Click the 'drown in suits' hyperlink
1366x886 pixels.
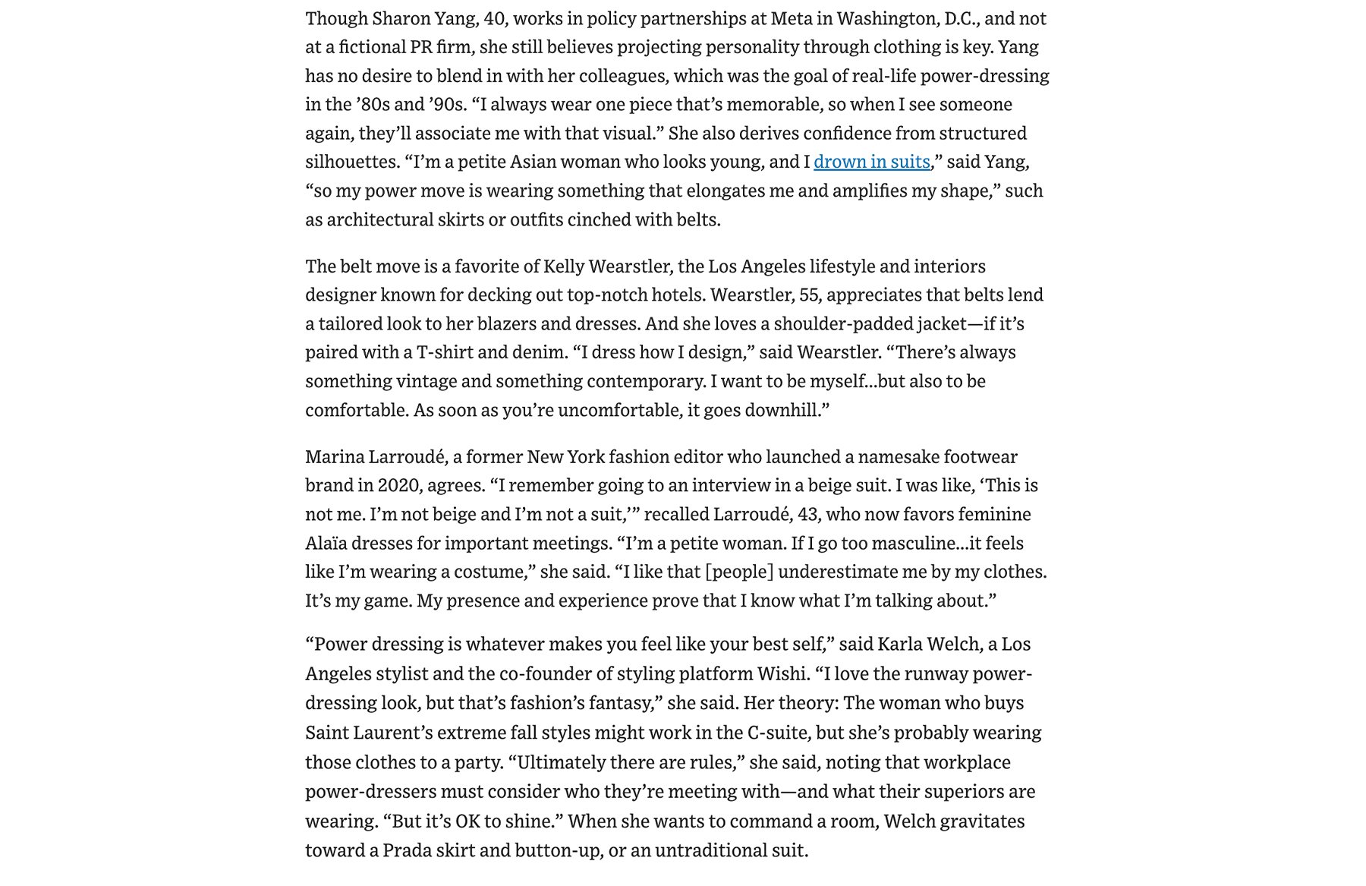(871, 162)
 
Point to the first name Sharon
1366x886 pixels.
(419, 18)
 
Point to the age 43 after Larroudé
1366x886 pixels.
(807, 514)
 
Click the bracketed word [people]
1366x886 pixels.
(739, 572)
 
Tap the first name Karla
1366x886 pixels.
(902, 645)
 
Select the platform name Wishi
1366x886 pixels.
(782, 674)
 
